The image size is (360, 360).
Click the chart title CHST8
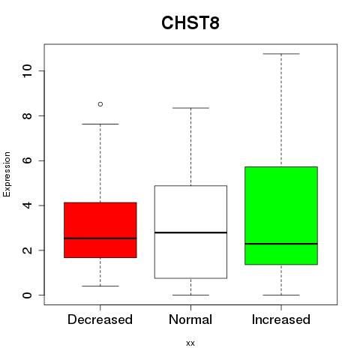pyautogui.click(x=190, y=23)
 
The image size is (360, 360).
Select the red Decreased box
pyautogui.click(x=100, y=230)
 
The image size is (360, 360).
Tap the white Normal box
pyautogui.click(x=190, y=232)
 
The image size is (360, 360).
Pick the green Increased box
pyautogui.click(x=281, y=215)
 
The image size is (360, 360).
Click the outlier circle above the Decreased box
pyautogui.click(x=100, y=104)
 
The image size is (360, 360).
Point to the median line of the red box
pyautogui.click(x=100, y=238)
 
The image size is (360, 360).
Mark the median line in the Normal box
pyautogui.click(x=190, y=232)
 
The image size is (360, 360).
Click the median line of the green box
pyautogui.click(x=281, y=244)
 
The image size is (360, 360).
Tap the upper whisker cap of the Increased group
pyautogui.click(x=281, y=54)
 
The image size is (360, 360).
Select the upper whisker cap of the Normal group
pyautogui.click(x=190, y=108)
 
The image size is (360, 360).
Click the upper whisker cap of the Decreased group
pyautogui.click(x=100, y=124)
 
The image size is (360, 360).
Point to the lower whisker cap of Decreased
pyautogui.click(x=100, y=286)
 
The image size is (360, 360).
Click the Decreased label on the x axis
pyautogui.click(x=100, y=319)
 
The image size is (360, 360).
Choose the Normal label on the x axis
pyautogui.click(x=190, y=319)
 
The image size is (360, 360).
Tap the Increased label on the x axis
pyautogui.click(x=281, y=319)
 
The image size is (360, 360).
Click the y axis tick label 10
pyautogui.click(x=27, y=71)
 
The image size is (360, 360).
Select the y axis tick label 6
pyautogui.click(x=27, y=160)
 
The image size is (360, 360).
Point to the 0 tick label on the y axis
pyautogui.click(x=27, y=295)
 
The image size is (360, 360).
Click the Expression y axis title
pyautogui.click(x=7, y=174)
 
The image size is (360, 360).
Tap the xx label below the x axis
pyautogui.click(x=190, y=343)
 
